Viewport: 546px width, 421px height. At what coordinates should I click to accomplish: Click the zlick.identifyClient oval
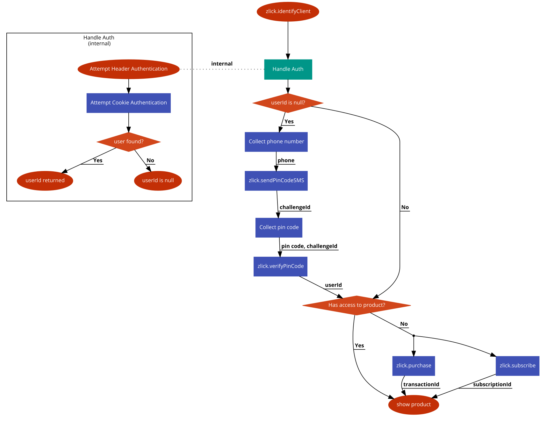(288, 12)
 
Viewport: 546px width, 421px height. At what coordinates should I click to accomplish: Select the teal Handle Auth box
(288, 69)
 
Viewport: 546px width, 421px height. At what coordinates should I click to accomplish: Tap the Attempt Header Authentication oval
(128, 69)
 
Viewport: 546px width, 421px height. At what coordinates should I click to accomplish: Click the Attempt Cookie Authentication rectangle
(128, 103)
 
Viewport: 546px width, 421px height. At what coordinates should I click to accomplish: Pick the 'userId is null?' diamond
(288, 103)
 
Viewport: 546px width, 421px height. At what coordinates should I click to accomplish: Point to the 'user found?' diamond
(128, 142)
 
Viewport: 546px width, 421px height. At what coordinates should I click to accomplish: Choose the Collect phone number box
(276, 142)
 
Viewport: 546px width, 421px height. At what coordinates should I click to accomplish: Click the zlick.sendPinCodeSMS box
(276, 181)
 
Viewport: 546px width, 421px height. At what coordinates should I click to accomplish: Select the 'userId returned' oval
(45, 181)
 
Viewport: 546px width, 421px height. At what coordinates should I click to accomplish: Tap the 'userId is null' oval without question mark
(158, 181)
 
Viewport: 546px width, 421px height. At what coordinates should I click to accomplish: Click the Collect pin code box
(279, 227)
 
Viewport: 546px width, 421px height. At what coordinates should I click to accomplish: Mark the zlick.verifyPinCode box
(280, 267)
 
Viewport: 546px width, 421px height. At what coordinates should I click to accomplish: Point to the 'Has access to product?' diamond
(356, 305)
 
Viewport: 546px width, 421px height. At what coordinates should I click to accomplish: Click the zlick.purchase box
(413, 366)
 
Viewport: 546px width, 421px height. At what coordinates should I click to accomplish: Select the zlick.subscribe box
(517, 366)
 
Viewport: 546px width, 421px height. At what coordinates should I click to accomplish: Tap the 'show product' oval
(413, 405)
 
